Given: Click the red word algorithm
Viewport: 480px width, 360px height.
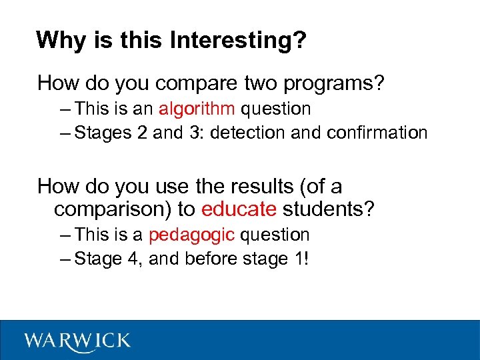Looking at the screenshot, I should (197, 109).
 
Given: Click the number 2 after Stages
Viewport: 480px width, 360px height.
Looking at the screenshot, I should (141, 133).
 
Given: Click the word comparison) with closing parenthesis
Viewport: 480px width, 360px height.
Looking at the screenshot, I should (113, 209).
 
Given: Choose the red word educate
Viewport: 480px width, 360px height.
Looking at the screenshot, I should (239, 209).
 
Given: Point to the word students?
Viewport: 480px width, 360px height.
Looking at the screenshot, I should (329, 209).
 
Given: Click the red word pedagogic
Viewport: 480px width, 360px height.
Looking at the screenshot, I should (191, 235).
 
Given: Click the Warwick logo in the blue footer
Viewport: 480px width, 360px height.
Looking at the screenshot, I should (78, 341).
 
